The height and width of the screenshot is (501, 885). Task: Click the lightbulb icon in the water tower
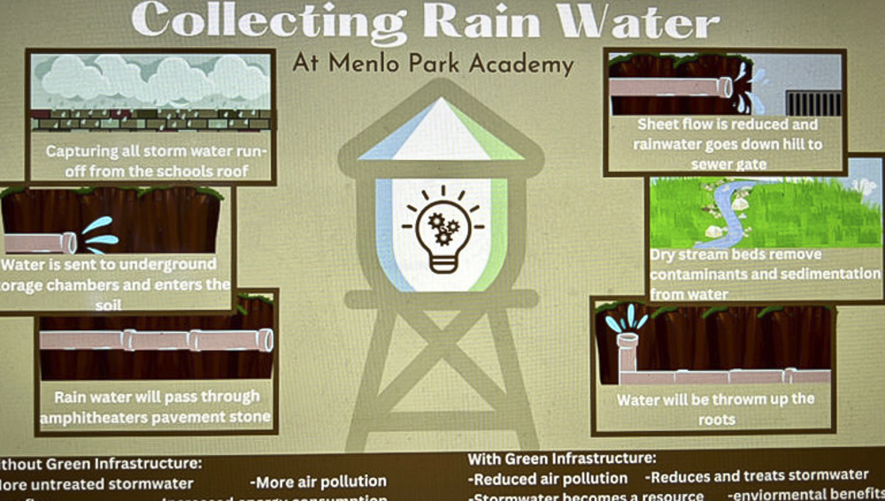(441, 228)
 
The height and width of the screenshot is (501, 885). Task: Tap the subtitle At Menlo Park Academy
(433, 63)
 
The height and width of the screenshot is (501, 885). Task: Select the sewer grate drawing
(812, 103)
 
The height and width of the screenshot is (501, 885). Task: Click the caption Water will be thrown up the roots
(715, 408)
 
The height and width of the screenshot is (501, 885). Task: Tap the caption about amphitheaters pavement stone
(156, 406)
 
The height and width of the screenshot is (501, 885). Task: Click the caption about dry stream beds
(765, 274)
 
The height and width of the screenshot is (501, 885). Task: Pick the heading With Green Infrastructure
(561, 459)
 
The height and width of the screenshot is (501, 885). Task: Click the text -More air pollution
(319, 482)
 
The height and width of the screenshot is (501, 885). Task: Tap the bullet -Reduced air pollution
(548, 478)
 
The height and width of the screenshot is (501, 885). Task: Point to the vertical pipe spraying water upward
(627, 350)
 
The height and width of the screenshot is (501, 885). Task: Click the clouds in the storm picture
(150, 79)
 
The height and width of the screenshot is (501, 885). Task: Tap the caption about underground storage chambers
(115, 283)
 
